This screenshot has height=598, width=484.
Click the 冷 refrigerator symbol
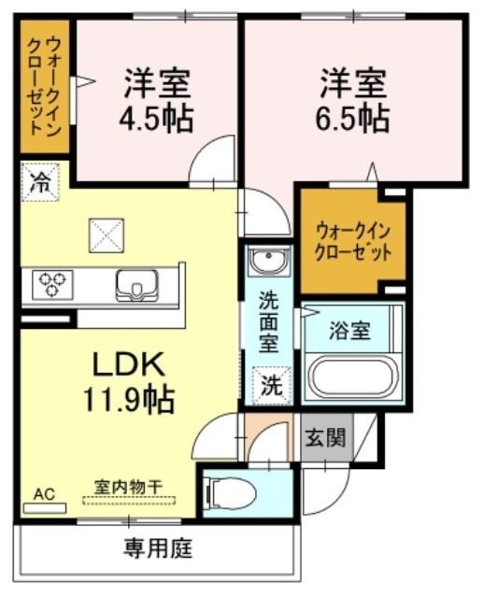(x=40, y=180)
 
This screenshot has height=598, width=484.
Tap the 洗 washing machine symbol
(x=269, y=384)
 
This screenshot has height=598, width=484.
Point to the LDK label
(x=129, y=362)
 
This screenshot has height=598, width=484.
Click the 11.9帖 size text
(x=129, y=400)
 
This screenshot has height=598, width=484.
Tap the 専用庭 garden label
(x=158, y=548)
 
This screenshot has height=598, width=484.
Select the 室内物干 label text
(x=129, y=486)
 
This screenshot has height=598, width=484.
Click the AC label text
(x=44, y=492)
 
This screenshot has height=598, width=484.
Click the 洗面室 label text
(x=268, y=322)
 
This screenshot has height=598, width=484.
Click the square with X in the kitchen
(x=106, y=234)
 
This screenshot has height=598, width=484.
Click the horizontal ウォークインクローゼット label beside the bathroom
(x=352, y=241)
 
